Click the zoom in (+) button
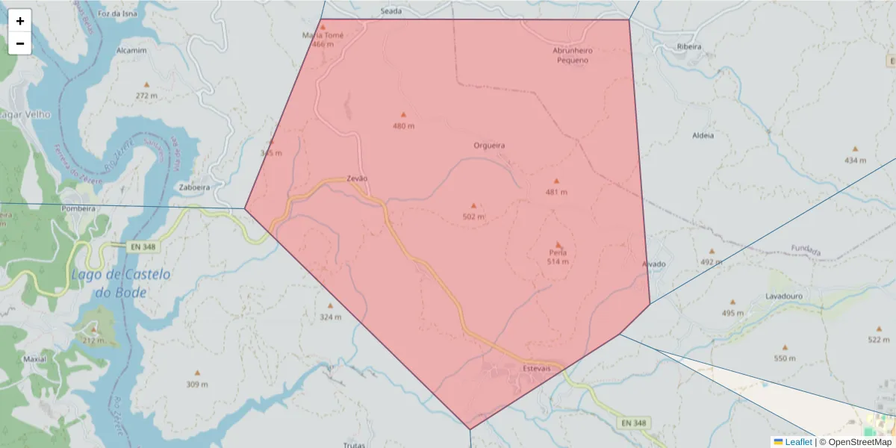pos(20,21)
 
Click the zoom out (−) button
pos(20,43)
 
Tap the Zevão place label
pos(357,179)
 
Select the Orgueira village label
pos(489,146)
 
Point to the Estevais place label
pos(535,369)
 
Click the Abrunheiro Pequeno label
pos(573,55)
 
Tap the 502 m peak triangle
pos(473,206)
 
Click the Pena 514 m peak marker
pos(558,244)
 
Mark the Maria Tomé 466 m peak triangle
pos(323,27)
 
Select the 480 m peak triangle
pos(403,115)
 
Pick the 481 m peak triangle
pos(556,181)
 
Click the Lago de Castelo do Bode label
pos(121,283)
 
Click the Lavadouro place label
pos(783,296)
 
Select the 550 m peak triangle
pos(785,348)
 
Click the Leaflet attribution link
pos(797,442)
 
